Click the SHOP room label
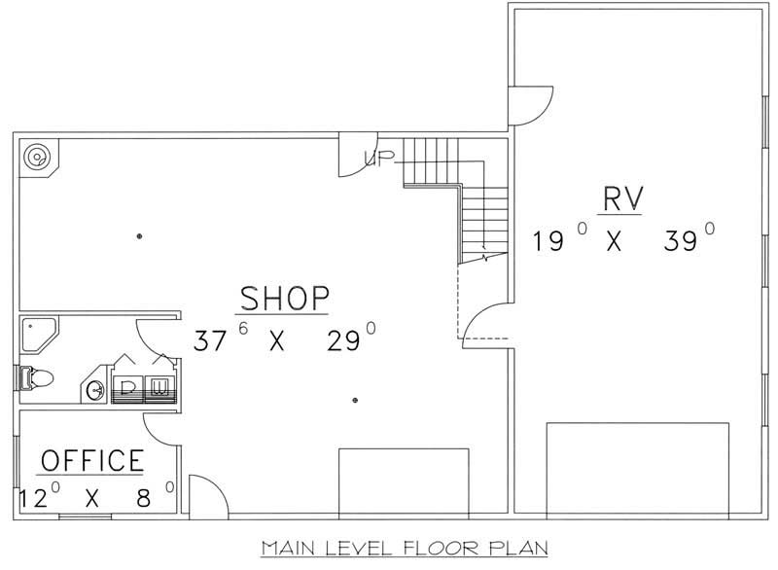[x=285, y=297]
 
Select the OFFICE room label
[x=92, y=460]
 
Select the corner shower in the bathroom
[x=39, y=336]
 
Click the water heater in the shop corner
[x=38, y=155]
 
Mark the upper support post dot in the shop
[x=140, y=236]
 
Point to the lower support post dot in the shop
[x=355, y=400]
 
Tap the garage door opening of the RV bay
[x=637, y=467]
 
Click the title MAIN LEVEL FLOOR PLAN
[x=405, y=549]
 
